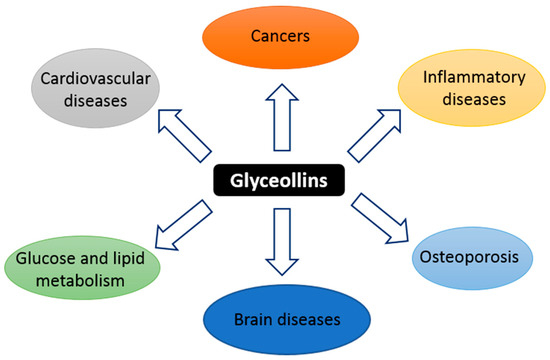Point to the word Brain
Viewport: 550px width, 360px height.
(x=241, y=320)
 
